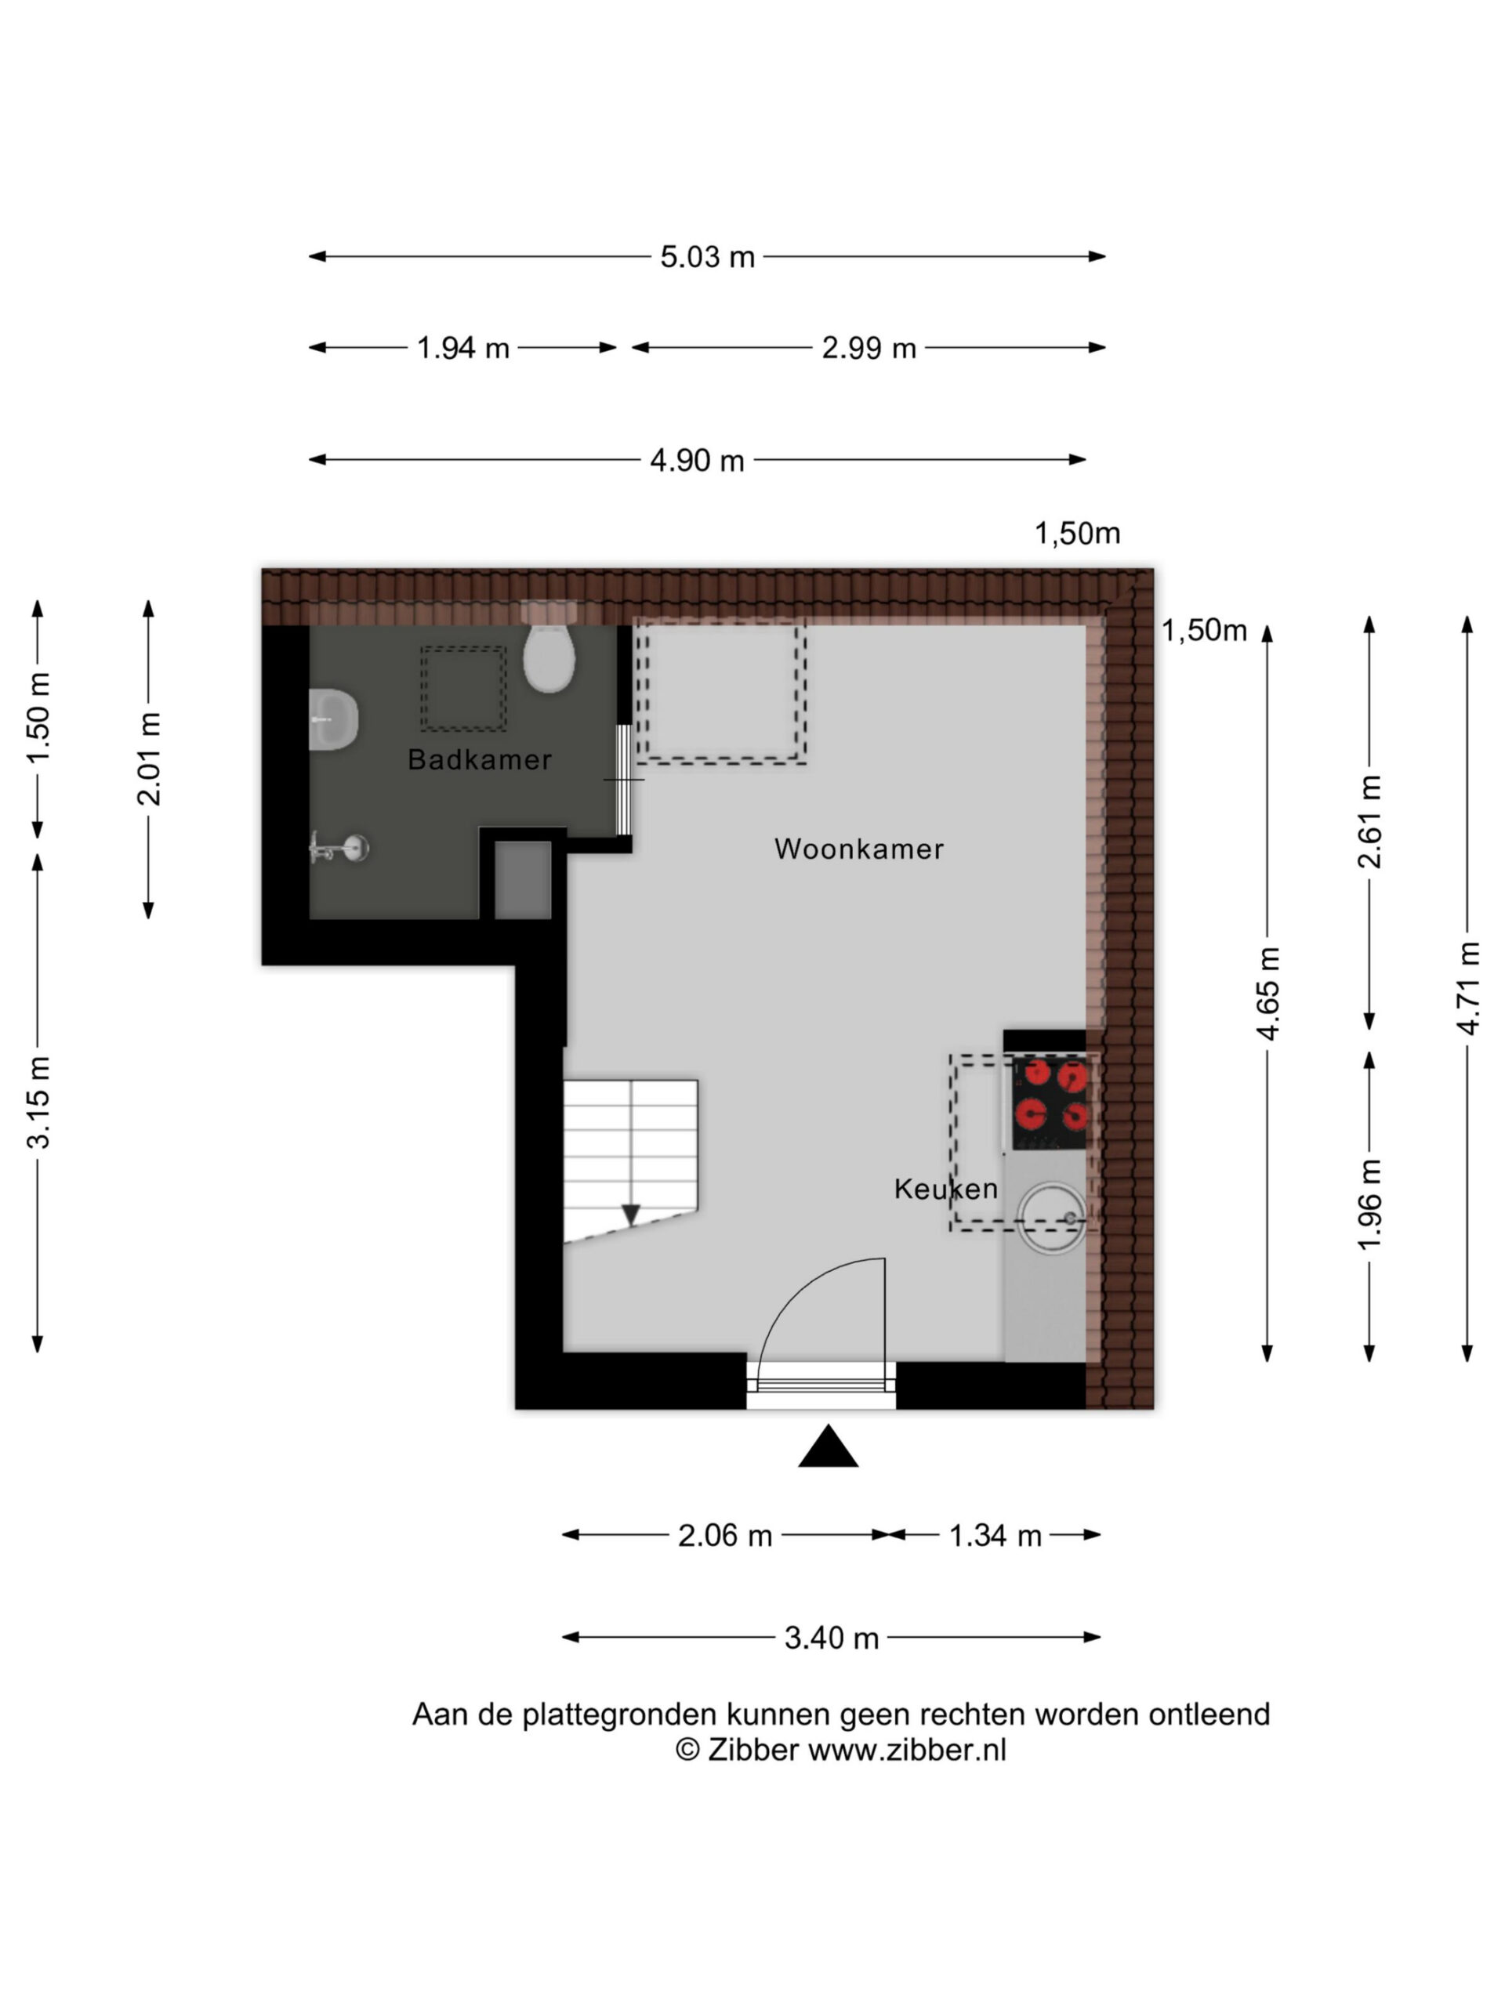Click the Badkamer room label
(x=479, y=759)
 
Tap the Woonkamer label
(x=859, y=849)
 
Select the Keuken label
(x=945, y=1189)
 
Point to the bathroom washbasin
(x=333, y=719)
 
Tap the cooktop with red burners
(x=1050, y=1103)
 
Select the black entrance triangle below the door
(x=827, y=1447)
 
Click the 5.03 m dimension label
(x=708, y=258)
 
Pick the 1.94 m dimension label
(x=462, y=348)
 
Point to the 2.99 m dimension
(x=869, y=348)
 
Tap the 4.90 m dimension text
(x=697, y=461)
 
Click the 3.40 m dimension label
(x=832, y=1638)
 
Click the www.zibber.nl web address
(x=907, y=1749)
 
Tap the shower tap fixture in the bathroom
(x=339, y=849)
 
